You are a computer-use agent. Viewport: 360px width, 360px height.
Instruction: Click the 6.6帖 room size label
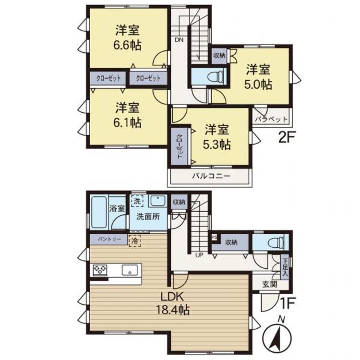point(127,45)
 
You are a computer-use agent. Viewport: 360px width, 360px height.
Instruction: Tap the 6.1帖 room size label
point(127,123)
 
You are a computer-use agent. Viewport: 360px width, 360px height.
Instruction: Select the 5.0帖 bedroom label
point(258,84)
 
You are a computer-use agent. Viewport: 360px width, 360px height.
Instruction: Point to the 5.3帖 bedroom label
point(216,144)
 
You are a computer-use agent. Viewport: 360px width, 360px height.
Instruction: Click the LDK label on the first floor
point(172,297)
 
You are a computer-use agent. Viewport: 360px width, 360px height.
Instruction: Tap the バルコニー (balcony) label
point(211,176)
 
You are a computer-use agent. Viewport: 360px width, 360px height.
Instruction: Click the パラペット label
point(271,119)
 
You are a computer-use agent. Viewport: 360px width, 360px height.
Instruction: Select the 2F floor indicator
point(286,137)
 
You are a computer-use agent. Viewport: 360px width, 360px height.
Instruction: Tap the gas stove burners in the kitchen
point(100,270)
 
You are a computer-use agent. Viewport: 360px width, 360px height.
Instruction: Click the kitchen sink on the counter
point(130,270)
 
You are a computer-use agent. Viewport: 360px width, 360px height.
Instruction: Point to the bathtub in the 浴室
point(99,212)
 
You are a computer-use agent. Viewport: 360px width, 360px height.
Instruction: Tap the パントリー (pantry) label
point(109,239)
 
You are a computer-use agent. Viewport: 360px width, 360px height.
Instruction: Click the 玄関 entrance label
point(270,284)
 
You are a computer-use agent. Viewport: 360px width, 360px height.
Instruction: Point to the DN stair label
point(179,40)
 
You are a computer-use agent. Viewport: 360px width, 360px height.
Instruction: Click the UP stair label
point(199,255)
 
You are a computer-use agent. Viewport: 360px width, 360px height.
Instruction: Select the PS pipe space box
point(215,237)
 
